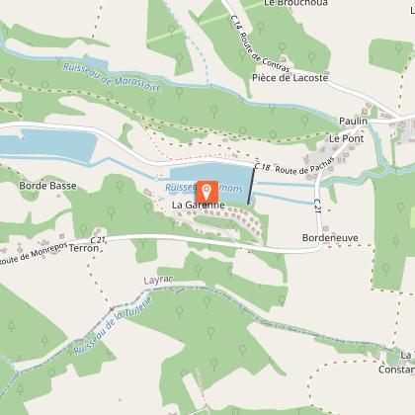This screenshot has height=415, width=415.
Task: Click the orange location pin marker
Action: click(x=207, y=192)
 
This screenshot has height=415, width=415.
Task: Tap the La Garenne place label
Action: click(x=199, y=205)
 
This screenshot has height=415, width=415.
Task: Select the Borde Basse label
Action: click(x=47, y=185)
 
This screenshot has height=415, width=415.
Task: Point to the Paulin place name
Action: click(x=353, y=121)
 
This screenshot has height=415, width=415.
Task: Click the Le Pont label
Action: click(x=347, y=139)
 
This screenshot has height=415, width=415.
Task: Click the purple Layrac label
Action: click(x=159, y=281)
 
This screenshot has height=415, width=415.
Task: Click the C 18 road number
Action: click(x=261, y=168)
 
